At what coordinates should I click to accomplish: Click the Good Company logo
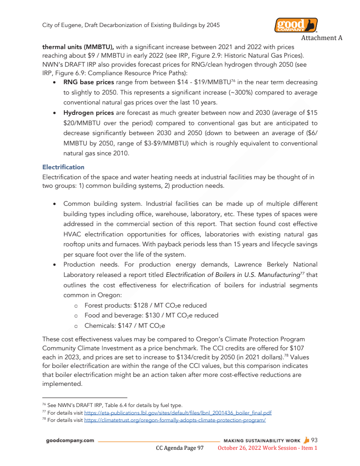click(x=296, y=25)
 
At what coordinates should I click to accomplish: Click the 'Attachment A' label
click(x=321, y=38)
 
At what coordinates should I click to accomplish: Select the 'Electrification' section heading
click(x=63, y=167)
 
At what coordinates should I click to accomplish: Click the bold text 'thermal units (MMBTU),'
click(x=77, y=47)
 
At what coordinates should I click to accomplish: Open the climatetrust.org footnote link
click(x=175, y=420)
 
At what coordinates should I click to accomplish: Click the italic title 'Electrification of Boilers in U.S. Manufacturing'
click(x=232, y=275)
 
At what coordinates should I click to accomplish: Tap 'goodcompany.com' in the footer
click(x=70, y=440)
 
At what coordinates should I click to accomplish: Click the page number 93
click(x=315, y=440)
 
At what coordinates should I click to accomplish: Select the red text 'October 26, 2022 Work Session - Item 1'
click(x=267, y=448)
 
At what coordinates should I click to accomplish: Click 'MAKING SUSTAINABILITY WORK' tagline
click(x=262, y=440)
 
